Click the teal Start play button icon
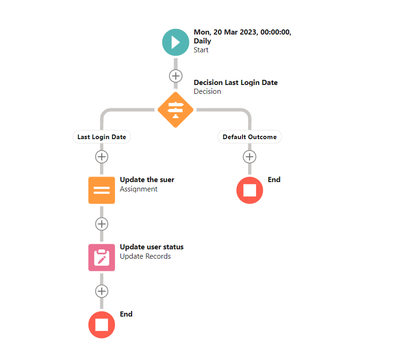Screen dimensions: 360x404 coord(175,42)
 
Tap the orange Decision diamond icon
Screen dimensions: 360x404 coord(175,109)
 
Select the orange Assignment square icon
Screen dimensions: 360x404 coord(101,190)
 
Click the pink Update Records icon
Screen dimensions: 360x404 coord(101,257)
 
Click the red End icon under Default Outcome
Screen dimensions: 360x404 coord(249,191)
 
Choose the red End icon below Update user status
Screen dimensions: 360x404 coord(101,325)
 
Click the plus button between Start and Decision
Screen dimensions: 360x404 coord(175,75)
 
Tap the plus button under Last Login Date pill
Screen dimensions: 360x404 coord(101,156)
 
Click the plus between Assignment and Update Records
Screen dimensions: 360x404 coord(101,224)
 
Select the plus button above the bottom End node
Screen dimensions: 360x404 coord(101,291)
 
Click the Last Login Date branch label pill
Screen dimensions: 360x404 coord(102,137)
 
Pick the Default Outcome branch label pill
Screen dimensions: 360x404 coord(249,137)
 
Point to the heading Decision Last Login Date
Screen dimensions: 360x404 coord(235,83)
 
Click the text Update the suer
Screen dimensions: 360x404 coord(147,180)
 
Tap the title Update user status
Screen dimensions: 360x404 coord(151,247)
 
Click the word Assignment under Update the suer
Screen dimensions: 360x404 coord(139,189)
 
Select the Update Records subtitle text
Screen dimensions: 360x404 coord(145,256)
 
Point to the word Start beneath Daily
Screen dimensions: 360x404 coord(201,50)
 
